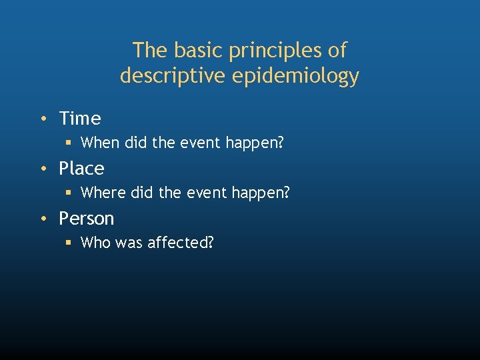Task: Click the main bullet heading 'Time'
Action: coord(80,119)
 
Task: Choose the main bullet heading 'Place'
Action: coord(81,169)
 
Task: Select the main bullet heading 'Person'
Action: coord(87,219)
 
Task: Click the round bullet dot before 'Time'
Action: coord(43,119)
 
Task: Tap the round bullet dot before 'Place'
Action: coord(43,169)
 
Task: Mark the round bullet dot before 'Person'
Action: coord(43,219)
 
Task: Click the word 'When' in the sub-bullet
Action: coord(99,143)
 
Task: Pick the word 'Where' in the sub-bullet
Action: coord(101,193)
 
